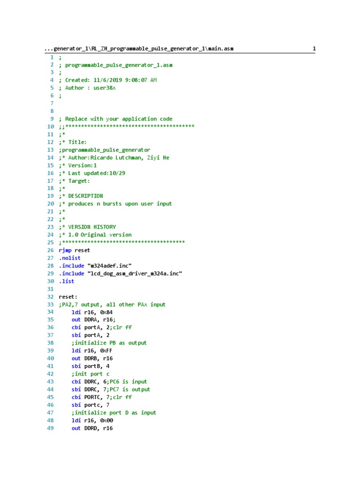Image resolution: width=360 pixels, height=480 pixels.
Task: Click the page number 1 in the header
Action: click(314, 49)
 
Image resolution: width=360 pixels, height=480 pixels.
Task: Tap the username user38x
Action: click(105, 88)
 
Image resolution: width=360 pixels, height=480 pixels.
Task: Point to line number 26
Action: click(51, 250)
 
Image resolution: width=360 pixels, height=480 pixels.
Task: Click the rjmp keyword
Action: click(65, 250)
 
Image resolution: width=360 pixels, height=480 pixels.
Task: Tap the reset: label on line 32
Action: click(68, 297)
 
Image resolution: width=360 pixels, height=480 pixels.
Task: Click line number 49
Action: click(51, 428)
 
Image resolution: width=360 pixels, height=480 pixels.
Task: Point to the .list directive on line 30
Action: click(67, 281)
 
